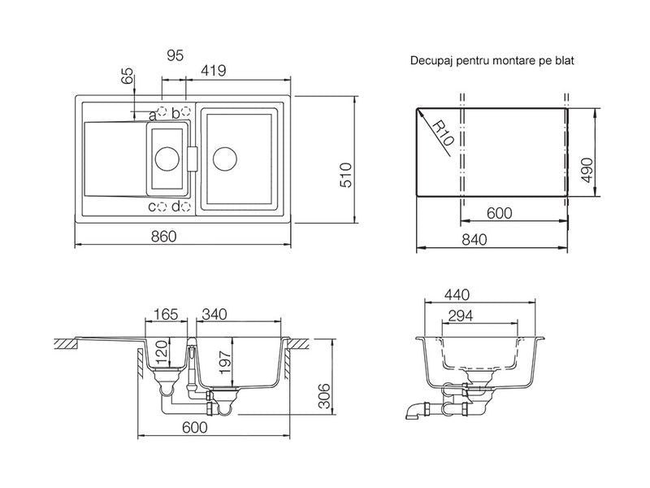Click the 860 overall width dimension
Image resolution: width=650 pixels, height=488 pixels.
(164, 237)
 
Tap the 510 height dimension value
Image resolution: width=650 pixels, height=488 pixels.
(346, 175)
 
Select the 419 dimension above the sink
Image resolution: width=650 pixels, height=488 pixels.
(214, 71)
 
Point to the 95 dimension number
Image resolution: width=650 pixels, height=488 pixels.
(175, 55)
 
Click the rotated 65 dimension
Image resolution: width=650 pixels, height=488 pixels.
(128, 76)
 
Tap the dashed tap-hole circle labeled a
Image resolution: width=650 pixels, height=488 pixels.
(162, 111)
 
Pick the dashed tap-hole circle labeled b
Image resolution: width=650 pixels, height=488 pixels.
(186, 111)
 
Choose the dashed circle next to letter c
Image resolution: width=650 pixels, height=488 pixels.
(162, 207)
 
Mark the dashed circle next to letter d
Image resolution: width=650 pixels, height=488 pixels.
(186, 207)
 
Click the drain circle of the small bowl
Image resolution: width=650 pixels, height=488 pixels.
(167, 159)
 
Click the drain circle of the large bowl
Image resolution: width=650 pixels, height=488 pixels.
(225, 159)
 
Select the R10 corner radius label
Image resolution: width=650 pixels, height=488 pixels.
(443, 133)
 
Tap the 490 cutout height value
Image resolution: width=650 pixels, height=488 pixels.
(587, 170)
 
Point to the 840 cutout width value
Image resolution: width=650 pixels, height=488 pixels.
(474, 240)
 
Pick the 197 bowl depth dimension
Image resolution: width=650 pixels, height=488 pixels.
(225, 362)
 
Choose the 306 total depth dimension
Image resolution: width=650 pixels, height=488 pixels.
(324, 396)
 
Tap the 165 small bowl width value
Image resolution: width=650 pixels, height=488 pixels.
(166, 314)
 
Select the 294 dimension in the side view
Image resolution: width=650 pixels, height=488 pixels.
(461, 316)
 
